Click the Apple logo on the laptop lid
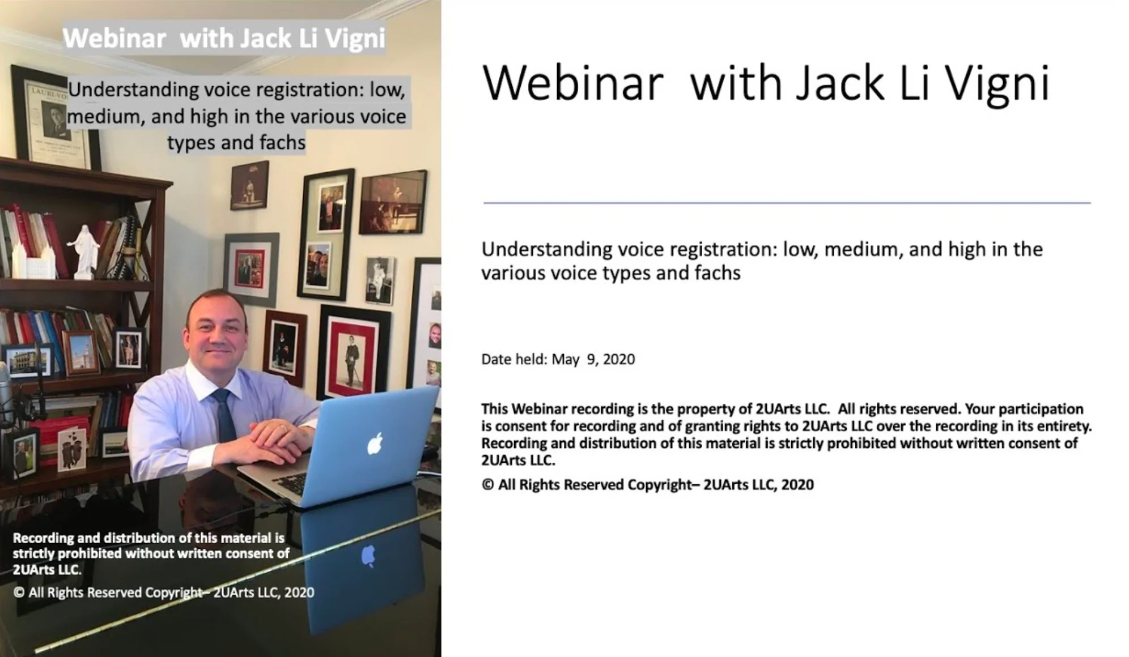click(x=375, y=443)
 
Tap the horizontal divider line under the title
click(x=787, y=203)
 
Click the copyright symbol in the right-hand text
click(x=487, y=485)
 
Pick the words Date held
click(x=513, y=360)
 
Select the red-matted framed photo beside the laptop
click(x=353, y=353)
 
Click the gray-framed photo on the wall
click(x=251, y=269)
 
